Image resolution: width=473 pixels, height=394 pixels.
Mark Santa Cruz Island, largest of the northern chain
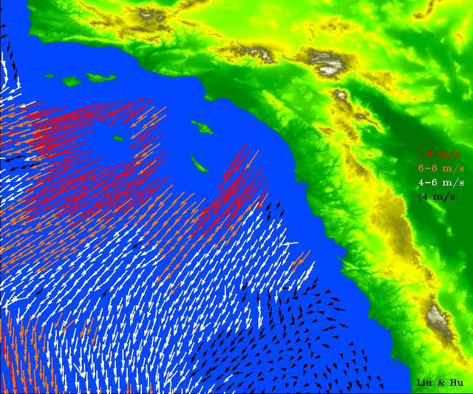pos(98,76)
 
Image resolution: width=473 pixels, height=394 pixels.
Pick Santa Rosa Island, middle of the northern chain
pos(71,80)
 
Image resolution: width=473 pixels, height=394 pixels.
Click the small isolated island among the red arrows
pos(119,137)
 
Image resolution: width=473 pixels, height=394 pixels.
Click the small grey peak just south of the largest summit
pos(341,95)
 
